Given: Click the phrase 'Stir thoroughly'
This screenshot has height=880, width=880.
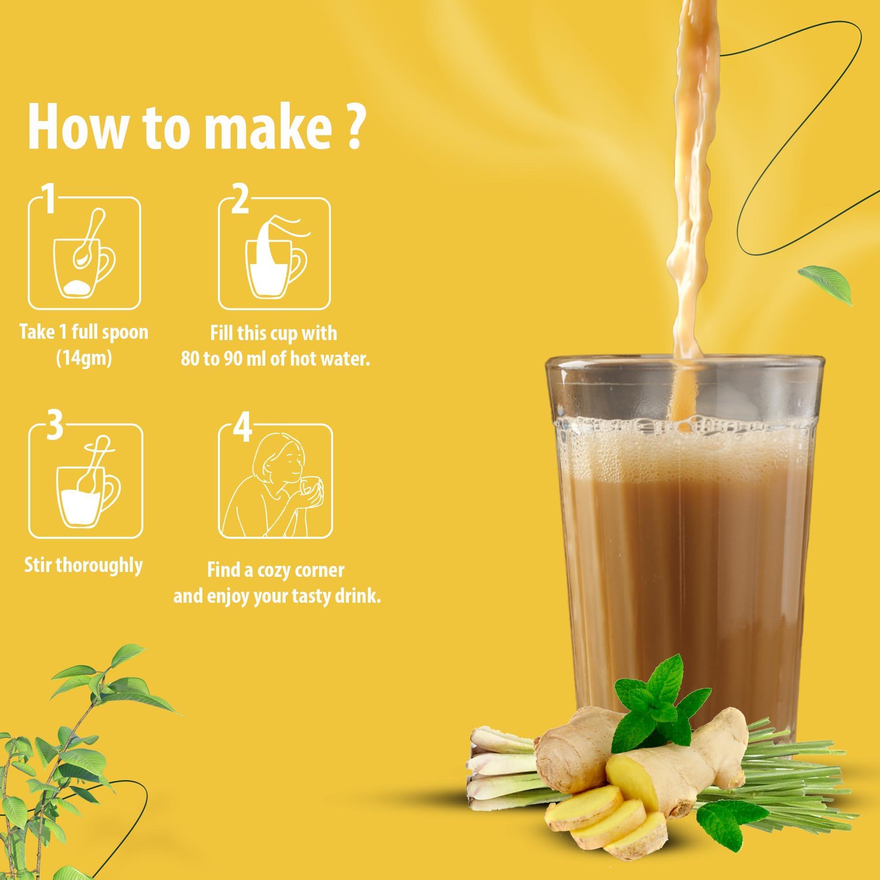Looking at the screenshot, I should (x=83, y=565).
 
